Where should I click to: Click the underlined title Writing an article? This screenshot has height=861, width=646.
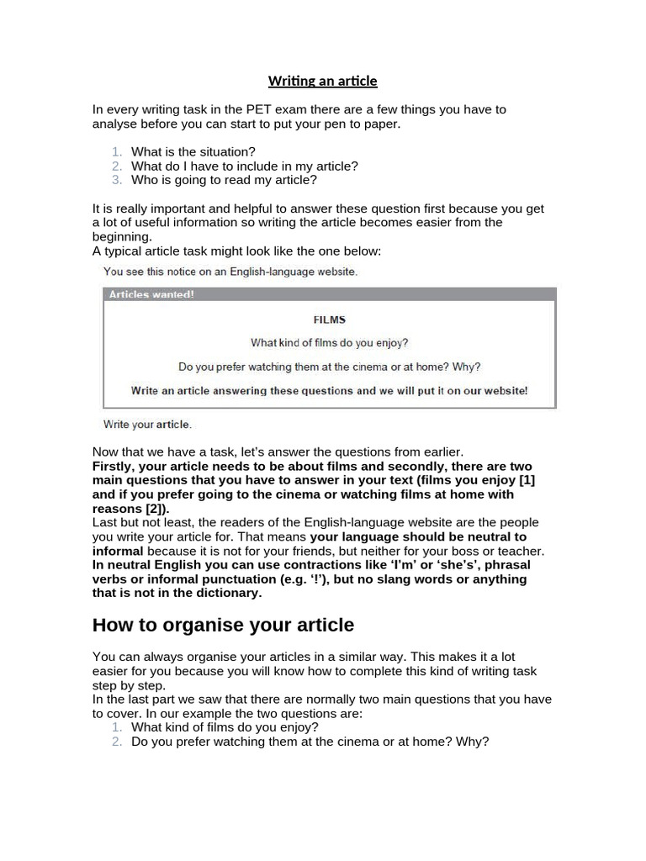click(323, 81)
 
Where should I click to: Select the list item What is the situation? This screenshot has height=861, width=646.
click(193, 151)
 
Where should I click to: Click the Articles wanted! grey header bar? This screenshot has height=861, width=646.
click(329, 294)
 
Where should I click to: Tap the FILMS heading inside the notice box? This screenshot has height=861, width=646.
click(329, 320)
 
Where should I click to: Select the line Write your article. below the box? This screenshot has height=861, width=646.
click(147, 424)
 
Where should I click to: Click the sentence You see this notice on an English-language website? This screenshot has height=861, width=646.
click(230, 271)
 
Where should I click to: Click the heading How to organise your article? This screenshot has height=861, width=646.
click(223, 626)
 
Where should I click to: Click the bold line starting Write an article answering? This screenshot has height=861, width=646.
click(329, 390)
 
